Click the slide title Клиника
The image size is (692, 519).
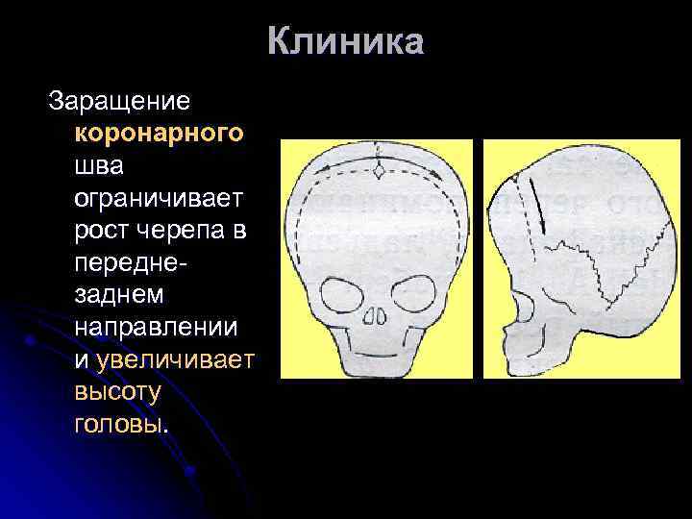(x=345, y=43)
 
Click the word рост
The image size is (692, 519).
(x=101, y=231)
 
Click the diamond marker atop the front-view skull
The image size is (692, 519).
(x=380, y=169)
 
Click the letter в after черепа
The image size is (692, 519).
(x=235, y=231)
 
